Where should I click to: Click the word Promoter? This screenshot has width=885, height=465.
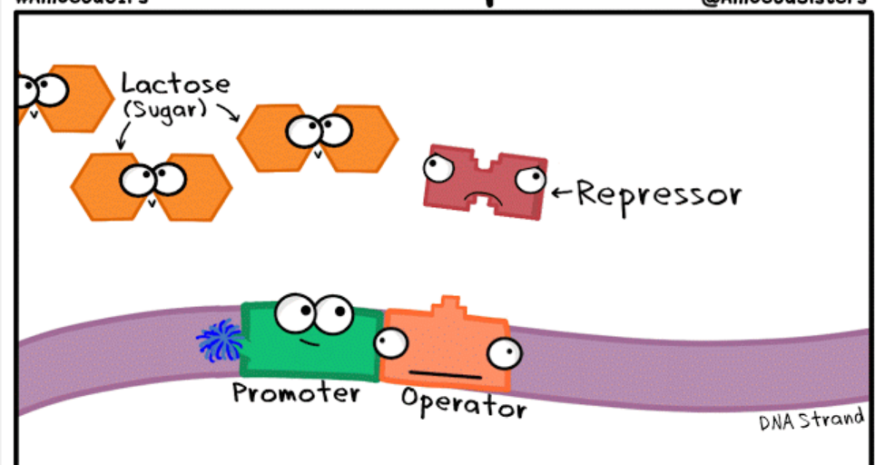pyautogui.click(x=296, y=393)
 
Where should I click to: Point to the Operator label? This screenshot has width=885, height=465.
pyautogui.click(x=463, y=403)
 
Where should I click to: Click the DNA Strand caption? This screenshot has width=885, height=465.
pyautogui.click(x=811, y=420)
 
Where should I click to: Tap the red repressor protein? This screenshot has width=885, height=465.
pyautogui.click(x=486, y=182)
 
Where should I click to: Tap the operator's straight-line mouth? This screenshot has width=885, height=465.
pyautogui.click(x=445, y=373)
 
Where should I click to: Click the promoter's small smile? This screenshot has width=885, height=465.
pyautogui.click(x=310, y=342)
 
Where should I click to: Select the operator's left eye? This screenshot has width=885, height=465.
pyautogui.click(x=391, y=341)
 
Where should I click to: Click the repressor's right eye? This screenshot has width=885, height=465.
pyautogui.click(x=530, y=178)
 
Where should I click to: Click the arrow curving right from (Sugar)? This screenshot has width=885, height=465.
pyautogui.click(x=227, y=113)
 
